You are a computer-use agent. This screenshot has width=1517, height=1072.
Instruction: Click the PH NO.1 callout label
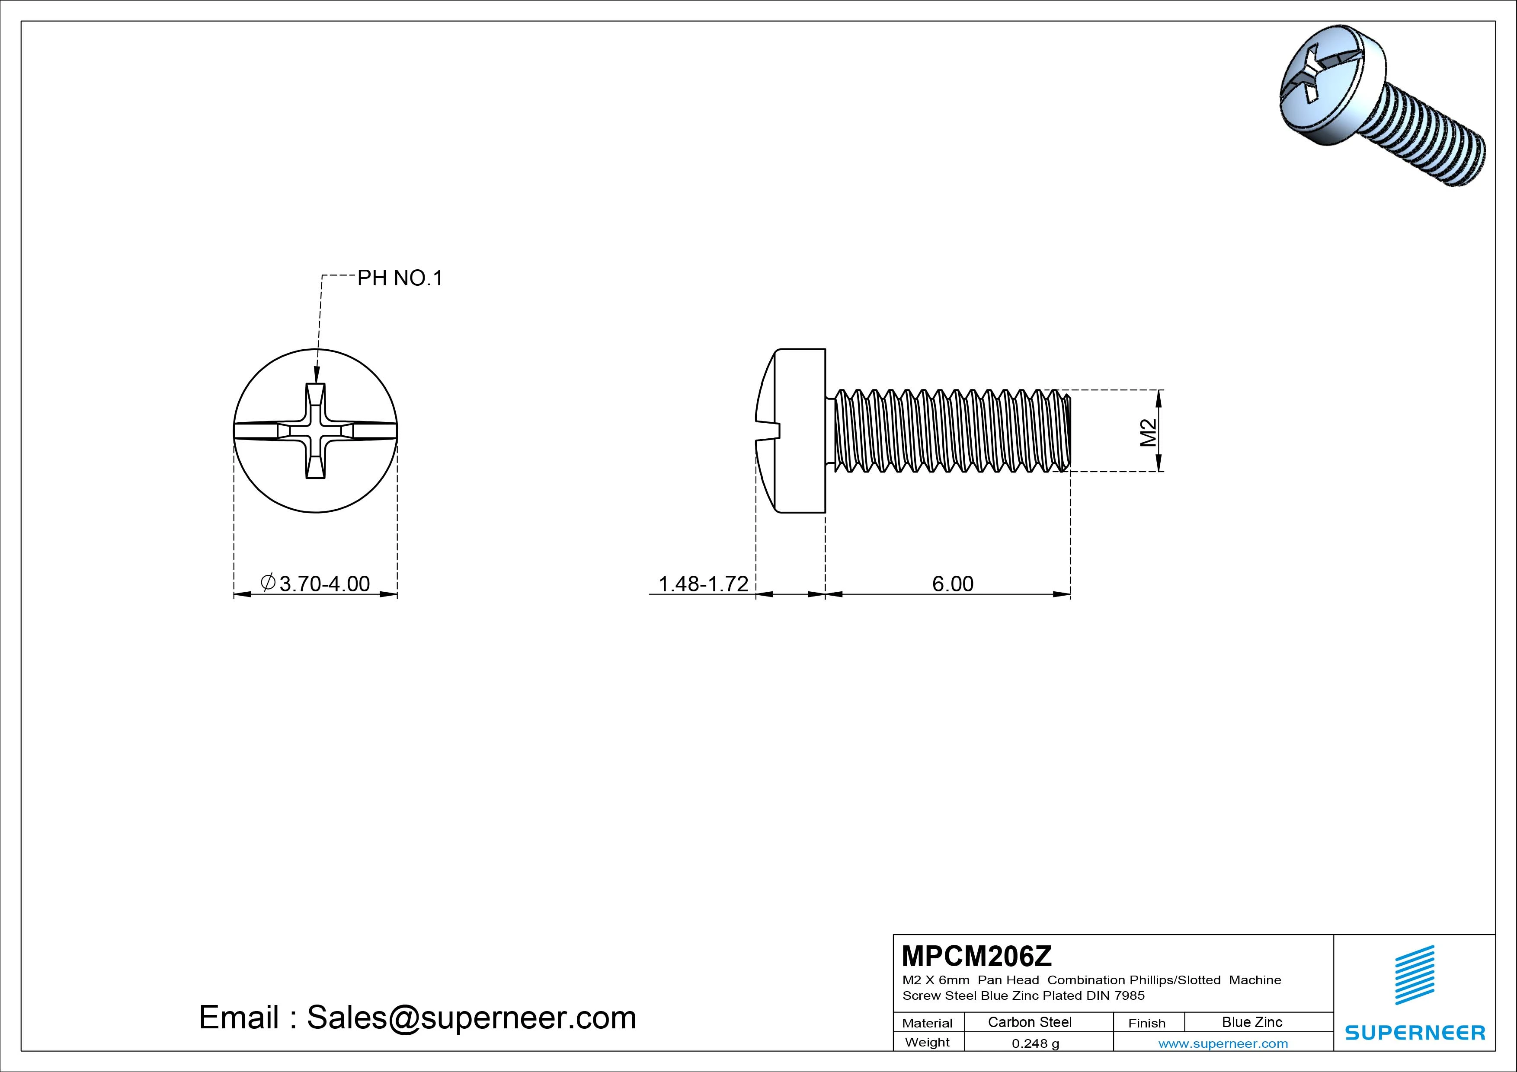[x=400, y=278]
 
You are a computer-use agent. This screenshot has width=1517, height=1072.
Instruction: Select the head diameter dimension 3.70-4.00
[x=316, y=583]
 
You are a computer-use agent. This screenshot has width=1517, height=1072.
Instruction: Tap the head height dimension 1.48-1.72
[x=703, y=583]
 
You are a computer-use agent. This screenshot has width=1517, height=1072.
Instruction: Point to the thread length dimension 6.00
[x=953, y=583]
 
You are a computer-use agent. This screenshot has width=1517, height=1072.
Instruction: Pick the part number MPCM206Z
[x=976, y=956]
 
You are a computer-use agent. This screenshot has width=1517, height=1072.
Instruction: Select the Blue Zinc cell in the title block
[x=1252, y=1022]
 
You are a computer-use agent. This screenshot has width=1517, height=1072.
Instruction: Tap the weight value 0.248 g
[x=1035, y=1043]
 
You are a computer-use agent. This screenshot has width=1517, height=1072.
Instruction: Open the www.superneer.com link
[x=1223, y=1043]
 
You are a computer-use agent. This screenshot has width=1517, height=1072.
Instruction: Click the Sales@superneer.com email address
[x=471, y=1017]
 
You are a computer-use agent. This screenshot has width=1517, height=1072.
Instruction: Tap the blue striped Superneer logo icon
[x=1415, y=975]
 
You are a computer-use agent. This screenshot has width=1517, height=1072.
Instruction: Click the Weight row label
[x=927, y=1042]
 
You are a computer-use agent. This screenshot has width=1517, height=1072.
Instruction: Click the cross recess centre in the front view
[x=315, y=431]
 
